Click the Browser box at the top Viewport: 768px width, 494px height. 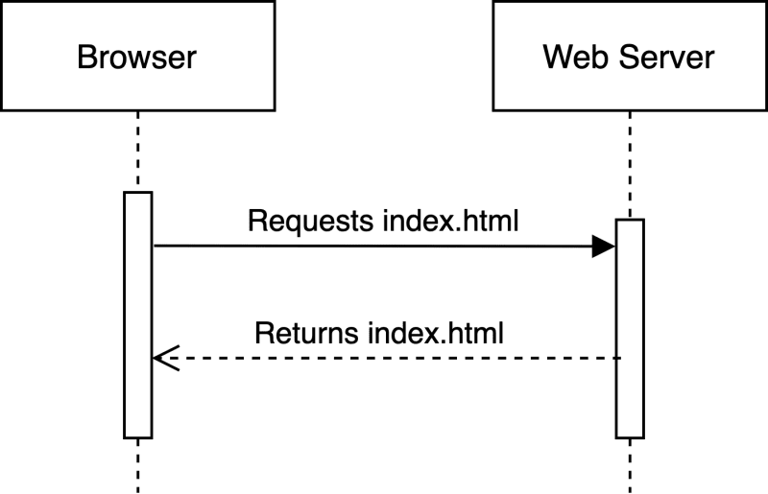(x=137, y=56)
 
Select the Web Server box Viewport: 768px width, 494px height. (x=630, y=56)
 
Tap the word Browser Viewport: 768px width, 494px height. (x=136, y=57)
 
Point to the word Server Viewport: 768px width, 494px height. (x=666, y=57)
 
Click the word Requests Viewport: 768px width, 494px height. (x=310, y=222)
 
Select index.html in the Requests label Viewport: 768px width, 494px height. (x=450, y=221)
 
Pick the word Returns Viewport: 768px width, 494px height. (x=306, y=333)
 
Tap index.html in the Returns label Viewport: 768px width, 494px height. (x=436, y=333)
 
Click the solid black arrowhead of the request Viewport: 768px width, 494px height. (x=604, y=246)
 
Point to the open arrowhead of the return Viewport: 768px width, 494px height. (x=166, y=358)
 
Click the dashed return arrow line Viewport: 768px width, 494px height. (x=387, y=358)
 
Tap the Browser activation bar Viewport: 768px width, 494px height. (x=138, y=315)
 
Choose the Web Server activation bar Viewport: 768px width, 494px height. (x=630, y=328)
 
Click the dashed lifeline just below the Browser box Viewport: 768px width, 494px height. (x=138, y=152)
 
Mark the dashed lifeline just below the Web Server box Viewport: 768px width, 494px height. (x=630, y=165)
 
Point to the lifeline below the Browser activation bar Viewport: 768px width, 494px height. (x=138, y=466)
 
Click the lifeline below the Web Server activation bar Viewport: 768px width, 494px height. (x=630, y=466)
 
